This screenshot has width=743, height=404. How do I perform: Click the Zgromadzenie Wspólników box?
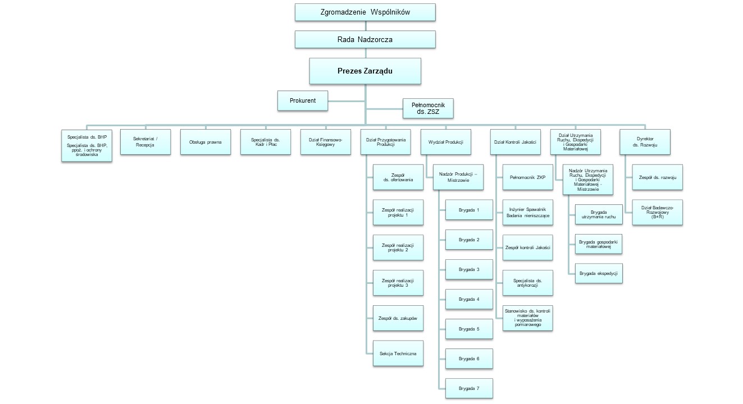click(x=365, y=12)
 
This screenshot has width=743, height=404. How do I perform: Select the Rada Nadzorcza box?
click(x=365, y=39)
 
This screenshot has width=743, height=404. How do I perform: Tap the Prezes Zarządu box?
click(x=365, y=71)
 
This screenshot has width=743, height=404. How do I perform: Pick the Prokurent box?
click(x=303, y=100)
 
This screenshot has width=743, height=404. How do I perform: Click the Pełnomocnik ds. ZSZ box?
click(x=428, y=108)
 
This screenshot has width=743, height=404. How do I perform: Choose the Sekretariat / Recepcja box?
click(x=145, y=142)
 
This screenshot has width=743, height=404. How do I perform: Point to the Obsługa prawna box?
click(x=206, y=142)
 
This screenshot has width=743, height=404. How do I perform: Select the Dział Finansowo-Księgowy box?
click(x=325, y=142)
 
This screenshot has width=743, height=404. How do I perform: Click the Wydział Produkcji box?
click(x=446, y=142)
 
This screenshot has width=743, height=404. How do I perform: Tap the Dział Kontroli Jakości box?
click(x=516, y=142)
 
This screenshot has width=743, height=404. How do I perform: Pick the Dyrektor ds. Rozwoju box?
click(x=645, y=142)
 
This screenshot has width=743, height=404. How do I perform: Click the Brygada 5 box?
click(x=469, y=329)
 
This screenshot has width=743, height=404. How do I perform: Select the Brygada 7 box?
click(x=469, y=388)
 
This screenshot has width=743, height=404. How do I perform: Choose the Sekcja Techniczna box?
click(x=398, y=353)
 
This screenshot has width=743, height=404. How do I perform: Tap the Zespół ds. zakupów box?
click(x=398, y=318)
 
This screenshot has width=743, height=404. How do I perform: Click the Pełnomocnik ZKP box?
click(x=528, y=177)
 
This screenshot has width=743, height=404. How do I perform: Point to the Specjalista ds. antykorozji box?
click(x=528, y=283)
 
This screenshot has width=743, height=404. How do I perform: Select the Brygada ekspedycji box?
click(x=599, y=273)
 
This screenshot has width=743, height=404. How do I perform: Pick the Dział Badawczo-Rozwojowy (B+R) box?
click(x=658, y=213)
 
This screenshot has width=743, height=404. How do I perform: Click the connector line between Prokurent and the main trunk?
click(x=347, y=101)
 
